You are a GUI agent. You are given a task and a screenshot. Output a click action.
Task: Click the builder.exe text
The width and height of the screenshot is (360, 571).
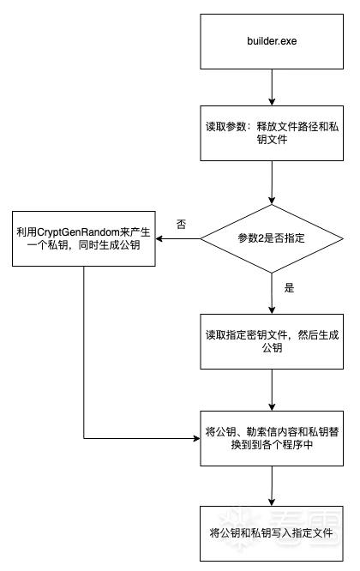[272, 41]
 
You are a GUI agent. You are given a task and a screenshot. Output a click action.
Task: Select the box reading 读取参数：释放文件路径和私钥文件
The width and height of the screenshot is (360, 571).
[272, 133]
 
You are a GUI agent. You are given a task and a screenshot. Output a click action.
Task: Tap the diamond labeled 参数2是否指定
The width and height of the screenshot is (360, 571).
[272, 238]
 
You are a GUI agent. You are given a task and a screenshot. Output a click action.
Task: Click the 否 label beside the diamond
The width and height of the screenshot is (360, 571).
[181, 224]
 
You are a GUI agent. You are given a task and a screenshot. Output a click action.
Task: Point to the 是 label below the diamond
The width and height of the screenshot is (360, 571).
[289, 288]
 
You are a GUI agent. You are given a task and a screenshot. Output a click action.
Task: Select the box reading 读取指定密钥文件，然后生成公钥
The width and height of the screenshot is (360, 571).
[272, 341]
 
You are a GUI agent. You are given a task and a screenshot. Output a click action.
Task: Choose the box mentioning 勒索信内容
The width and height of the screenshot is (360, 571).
[272, 438]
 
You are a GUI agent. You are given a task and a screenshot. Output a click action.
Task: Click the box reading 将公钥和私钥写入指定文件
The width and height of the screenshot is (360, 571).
[272, 533]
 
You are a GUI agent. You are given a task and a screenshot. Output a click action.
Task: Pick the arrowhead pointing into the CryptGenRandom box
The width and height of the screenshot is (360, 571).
[159, 239]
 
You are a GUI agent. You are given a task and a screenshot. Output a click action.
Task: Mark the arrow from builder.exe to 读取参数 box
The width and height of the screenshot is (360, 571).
[272, 87]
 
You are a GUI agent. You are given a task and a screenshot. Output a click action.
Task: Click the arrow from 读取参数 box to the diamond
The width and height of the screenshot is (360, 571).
[272, 183]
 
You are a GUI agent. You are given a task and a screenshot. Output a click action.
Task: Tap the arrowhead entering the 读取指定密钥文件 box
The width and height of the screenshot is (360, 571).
[272, 310]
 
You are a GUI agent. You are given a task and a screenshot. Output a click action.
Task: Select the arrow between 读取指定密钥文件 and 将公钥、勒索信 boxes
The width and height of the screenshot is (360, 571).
[272, 390]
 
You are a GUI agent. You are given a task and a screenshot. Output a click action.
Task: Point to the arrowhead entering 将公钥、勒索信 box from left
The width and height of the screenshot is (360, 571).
[196, 438]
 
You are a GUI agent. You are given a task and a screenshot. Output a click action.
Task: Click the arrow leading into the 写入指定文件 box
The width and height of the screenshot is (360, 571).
[272, 486]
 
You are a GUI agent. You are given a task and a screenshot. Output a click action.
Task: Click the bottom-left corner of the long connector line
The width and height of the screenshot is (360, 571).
[84, 438]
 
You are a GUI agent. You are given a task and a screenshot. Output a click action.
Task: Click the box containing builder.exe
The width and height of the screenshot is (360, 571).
[272, 41]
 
